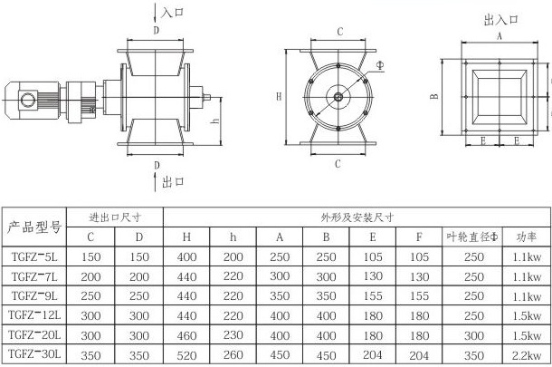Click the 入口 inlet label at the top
click(x=173, y=12)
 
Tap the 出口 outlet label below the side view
click(x=173, y=182)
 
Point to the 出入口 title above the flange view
click(x=501, y=20)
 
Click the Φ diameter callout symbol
click(x=380, y=65)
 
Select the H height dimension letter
click(x=279, y=96)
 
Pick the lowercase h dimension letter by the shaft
click(x=215, y=121)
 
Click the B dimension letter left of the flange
click(x=434, y=96)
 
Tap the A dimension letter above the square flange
click(x=500, y=36)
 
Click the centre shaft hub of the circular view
click(x=338, y=97)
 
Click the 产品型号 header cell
click(x=34, y=227)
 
